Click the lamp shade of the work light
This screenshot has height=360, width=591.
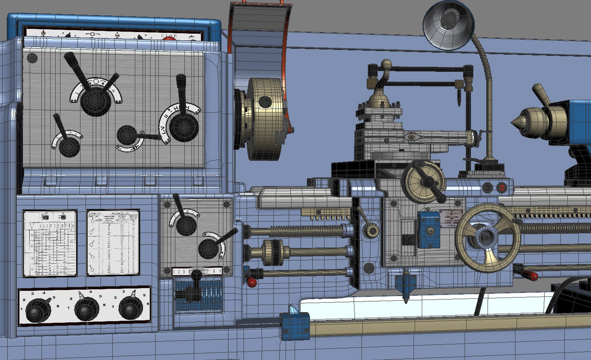coord(448,25)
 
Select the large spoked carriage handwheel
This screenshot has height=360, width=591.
coord(487,237)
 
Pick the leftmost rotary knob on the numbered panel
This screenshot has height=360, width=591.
coord(38,310)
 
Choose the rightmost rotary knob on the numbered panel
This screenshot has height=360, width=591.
coord(130,307)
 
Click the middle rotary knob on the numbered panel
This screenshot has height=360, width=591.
coord(86,308)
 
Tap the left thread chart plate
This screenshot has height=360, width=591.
coord(50,243)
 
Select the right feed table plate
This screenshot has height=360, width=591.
coord(113,242)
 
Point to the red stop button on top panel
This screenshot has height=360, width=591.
coord(169,38)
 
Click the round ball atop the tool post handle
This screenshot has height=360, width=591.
coord(386,64)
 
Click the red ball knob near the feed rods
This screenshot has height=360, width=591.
coord(252,282)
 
